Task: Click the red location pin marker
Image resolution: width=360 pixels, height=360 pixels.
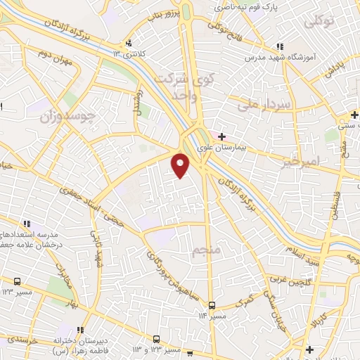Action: tap(181, 164)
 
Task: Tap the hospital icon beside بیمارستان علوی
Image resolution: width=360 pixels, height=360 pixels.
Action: tap(221, 136)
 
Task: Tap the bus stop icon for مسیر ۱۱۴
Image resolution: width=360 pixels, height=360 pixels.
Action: tap(212, 305)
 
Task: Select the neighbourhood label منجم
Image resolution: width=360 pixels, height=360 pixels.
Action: tap(207, 249)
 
